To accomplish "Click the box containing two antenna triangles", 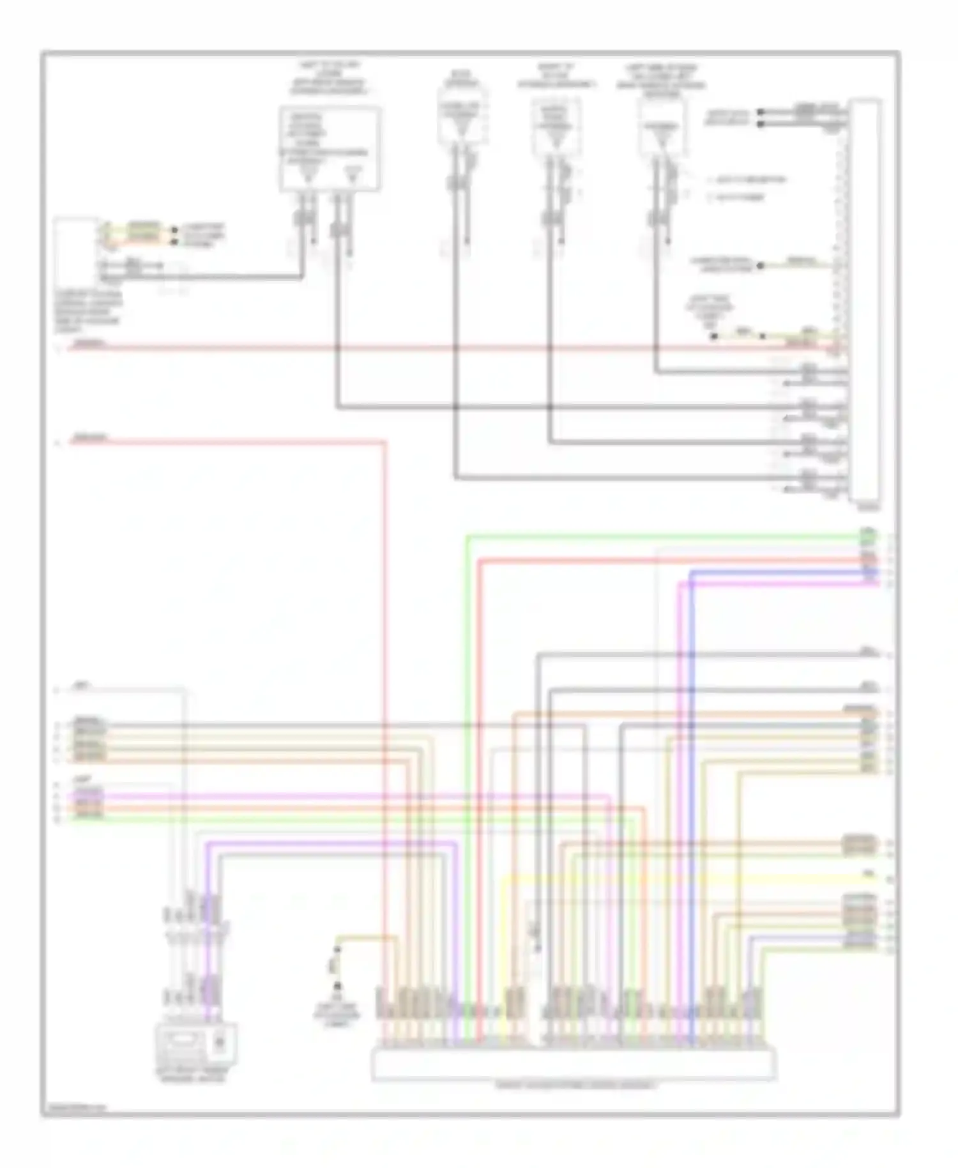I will click(x=330, y=149).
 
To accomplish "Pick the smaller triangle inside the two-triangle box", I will click(x=352, y=174).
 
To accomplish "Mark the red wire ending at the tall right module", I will click(x=447, y=349).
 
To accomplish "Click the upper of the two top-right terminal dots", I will click(x=760, y=112).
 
